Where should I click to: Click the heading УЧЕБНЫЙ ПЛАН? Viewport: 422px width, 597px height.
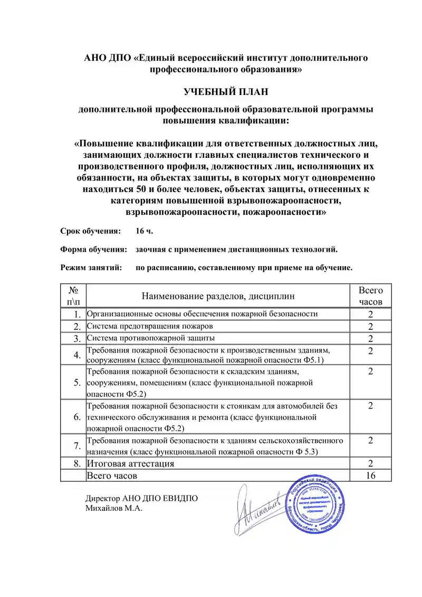coord(226,92)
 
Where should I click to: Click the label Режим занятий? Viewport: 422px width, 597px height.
coord(91,267)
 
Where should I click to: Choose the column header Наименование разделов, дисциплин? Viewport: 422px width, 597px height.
coord(218,296)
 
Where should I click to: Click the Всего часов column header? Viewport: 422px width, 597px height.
coord(371,296)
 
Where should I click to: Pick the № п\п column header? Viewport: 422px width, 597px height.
coord(73,296)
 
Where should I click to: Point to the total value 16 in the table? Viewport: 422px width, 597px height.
coord(371,476)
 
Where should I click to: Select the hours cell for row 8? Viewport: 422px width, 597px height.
coord(371,463)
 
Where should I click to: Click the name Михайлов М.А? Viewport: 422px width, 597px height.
coord(114,508)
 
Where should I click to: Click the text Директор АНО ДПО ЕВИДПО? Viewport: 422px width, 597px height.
coord(142,499)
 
